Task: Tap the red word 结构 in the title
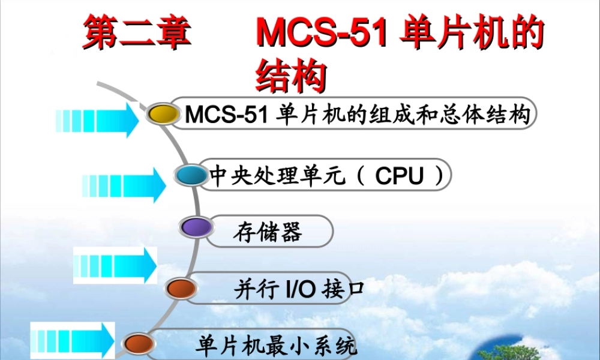(291, 76)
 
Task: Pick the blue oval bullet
(191, 175)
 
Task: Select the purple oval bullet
(196, 227)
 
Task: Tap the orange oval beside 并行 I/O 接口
(182, 288)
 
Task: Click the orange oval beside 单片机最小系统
(139, 344)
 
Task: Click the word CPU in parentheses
(400, 176)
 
